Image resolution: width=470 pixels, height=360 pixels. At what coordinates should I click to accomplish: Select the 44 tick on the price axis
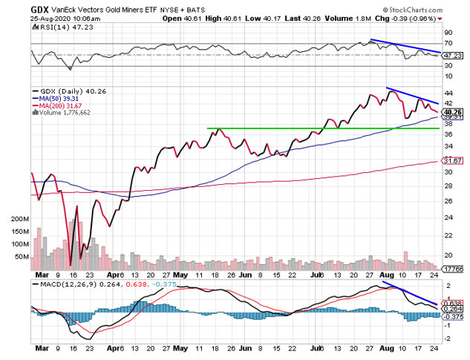[448, 94]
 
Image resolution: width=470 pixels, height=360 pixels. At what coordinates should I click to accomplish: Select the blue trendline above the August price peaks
[412, 96]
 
